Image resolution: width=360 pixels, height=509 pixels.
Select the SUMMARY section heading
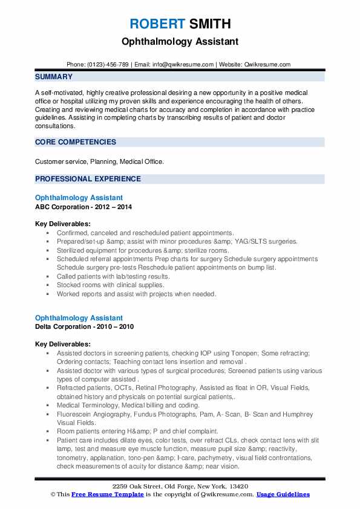(x=54, y=77)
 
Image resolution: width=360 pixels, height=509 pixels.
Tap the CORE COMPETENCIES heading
(x=76, y=142)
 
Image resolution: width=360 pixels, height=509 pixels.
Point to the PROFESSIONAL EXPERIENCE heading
(x=88, y=179)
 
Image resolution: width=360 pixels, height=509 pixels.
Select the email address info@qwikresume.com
(x=183, y=64)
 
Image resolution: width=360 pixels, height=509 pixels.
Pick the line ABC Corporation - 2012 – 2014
(x=83, y=207)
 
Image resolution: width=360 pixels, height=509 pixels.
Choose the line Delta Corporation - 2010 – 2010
(x=85, y=326)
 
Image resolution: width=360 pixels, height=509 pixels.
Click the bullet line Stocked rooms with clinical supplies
(x=110, y=285)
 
